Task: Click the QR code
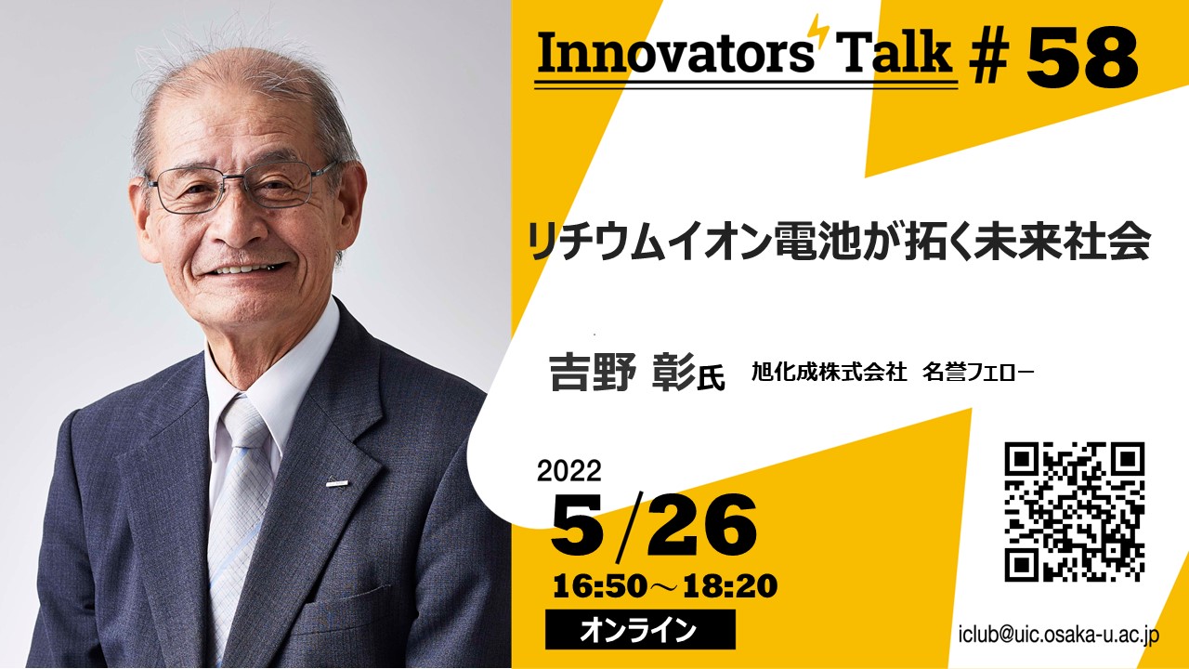(1075, 512)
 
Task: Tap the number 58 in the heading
(1082, 58)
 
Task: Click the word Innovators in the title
(675, 53)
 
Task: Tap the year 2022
(569, 470)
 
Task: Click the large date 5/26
(654, 525)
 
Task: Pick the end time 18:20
(730, 586)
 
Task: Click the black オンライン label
(640, 630)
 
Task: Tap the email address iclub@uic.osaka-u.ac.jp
(1059, 635)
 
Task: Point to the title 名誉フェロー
(978, 373)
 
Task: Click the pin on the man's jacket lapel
(337, 483)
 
